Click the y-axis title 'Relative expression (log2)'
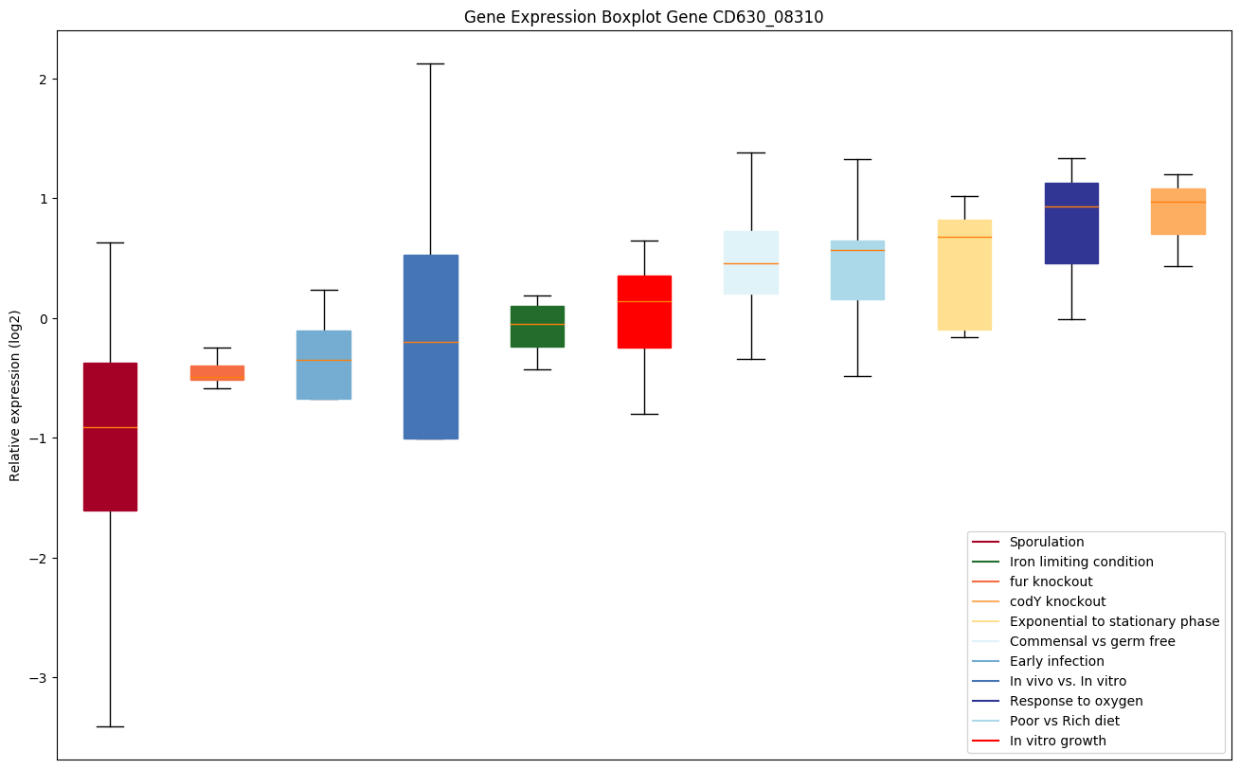[x=15, y=395]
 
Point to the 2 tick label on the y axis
[x=43, y=79]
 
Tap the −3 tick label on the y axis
[x=39, y=678]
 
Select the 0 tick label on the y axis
[x=43, y=318]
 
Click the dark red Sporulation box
[x=110, y=437]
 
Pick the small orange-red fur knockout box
[x=217, y=372]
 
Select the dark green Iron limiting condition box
[x=537, y=326]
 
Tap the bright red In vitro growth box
[x=644, y=312]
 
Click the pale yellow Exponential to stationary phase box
[x=964, y=275]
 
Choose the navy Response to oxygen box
[x=1071, y=224]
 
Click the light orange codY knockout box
[x=1177, y=211]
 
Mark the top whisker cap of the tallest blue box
[x=430, y=63]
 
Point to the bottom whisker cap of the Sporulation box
[x=110, y=726]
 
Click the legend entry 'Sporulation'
[x=1046, y=542]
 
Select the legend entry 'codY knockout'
[x=1057, y=601]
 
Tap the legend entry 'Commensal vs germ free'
[x=1091, y=641]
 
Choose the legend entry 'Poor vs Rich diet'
[x=1064, y=721]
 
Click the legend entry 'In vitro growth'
[x=1057, y=741]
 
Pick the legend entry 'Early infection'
[x=1056, y=661]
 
